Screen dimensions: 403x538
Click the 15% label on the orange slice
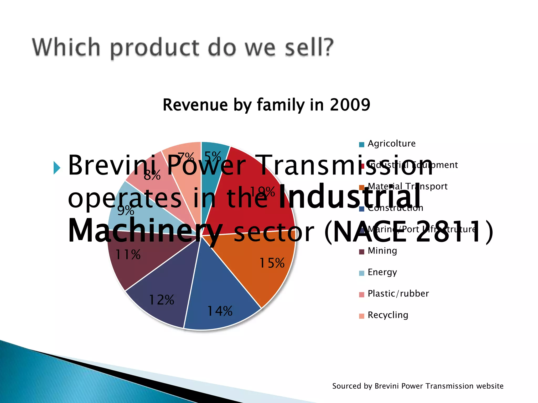tap(272, 263)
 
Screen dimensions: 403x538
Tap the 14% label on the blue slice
tap(220, 311)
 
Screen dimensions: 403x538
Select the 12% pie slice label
tap(161, 300)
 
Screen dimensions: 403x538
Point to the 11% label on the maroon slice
tap(128, 254)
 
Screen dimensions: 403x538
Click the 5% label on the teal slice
tap(213, 157)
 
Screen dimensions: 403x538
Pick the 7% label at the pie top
tap(186, 157)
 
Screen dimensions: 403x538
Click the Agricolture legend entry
tap(391, 144)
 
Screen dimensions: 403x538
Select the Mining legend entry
tap(382, 251)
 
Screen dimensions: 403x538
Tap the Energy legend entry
tap(382, 272)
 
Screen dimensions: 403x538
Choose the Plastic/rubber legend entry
tap(398, 294)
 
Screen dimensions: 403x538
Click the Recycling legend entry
tap(388, 315)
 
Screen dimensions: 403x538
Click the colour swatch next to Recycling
tap(362, 316)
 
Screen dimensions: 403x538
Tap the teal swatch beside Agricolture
tap(362, 145)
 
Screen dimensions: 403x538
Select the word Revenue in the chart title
tap(195, 105)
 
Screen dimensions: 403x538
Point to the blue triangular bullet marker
tap(57, 168)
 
